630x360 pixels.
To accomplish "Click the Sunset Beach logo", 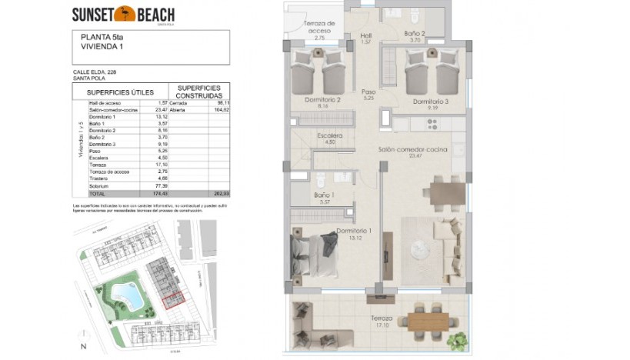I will [x=123, y=14].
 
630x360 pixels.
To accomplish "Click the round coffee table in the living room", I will [x=421, y=250].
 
